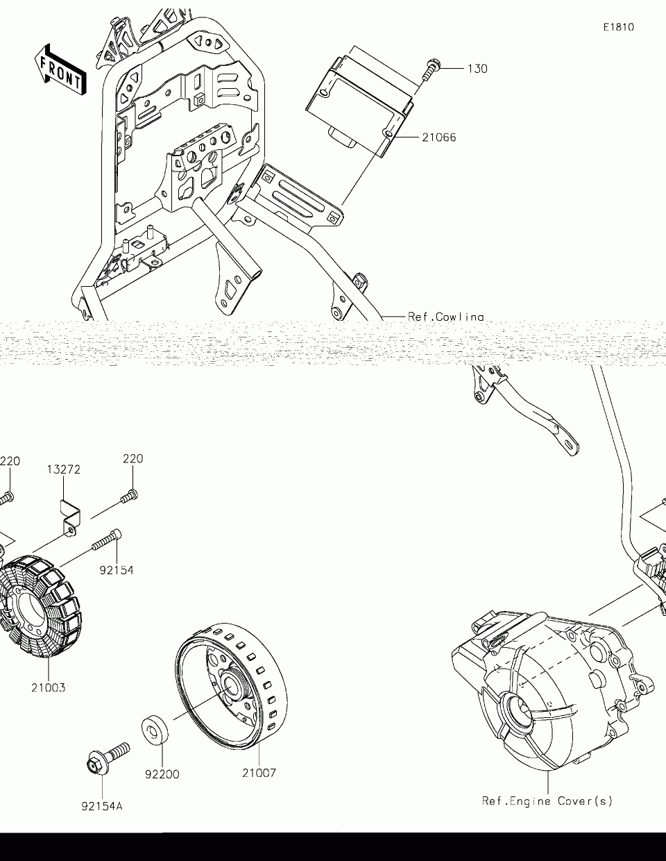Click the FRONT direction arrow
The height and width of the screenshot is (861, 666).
pos(61,69)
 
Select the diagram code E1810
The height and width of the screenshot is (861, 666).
pos(618,28)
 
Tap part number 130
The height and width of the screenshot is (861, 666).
pos(477,69)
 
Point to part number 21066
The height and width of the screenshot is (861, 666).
pos(438,137)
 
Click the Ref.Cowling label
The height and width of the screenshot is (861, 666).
pos(445,317)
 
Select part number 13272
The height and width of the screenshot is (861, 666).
pos(64,469)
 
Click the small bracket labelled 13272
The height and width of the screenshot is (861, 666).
pos(69,517)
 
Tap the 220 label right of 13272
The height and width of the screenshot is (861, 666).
pos(133,459)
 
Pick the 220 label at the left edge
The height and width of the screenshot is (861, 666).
pos(10,461)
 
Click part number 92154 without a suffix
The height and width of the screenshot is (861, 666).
pos(116,570)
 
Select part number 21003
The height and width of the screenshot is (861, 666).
pos(49,688)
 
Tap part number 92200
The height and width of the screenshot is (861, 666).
pos(162,774)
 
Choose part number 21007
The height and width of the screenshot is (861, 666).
pos(259,773)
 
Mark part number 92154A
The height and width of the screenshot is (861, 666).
pos(102,807)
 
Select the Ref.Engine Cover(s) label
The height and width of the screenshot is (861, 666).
pos(547,801)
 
